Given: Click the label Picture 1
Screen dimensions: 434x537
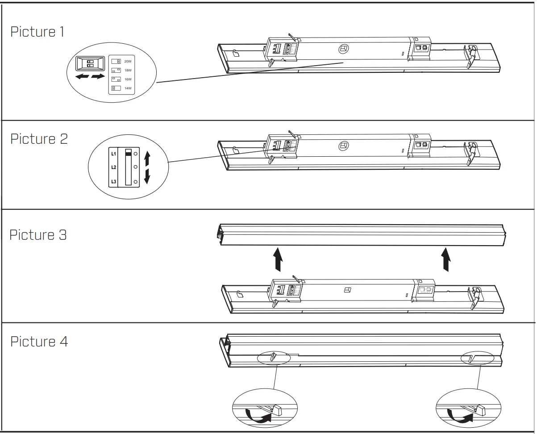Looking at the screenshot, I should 37,32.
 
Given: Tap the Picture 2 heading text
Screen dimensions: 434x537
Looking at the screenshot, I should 39,139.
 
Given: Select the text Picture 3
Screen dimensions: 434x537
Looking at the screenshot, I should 38,234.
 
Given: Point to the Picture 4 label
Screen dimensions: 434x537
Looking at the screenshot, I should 39,342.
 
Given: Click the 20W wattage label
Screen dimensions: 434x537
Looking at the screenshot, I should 128,61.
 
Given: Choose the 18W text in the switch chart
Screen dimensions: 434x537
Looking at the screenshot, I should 128,70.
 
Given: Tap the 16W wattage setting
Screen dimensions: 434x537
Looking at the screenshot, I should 128,79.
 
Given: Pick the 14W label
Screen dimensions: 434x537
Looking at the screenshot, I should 128,88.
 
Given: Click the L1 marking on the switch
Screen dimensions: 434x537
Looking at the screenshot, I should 113,154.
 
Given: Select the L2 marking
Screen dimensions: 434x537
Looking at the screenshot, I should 113,167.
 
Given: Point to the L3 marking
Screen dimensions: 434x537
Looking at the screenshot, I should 113,181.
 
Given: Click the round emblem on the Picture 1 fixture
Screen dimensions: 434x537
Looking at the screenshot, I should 343,49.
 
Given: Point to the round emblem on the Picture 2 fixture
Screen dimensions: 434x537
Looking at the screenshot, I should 343,145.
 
